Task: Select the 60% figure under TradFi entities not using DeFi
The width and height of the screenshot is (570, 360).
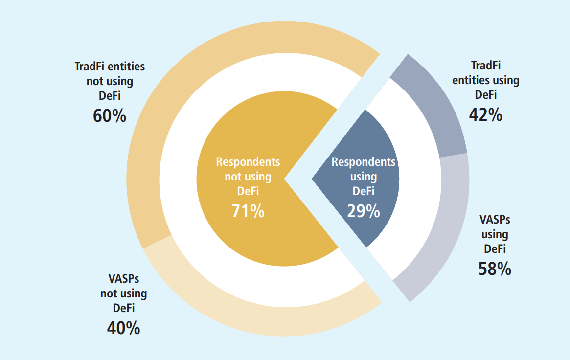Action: [x=110, y=116]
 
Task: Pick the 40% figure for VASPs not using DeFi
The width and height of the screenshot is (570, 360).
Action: [x=123, y=328]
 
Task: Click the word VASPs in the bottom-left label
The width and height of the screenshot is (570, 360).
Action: [x=123, y=279]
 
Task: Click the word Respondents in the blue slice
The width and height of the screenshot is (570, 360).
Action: [x=364, y=162]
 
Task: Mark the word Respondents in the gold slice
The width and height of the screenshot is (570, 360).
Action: [x=248, y=162]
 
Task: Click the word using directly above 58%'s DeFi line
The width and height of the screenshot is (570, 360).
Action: [x=495, y=234]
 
